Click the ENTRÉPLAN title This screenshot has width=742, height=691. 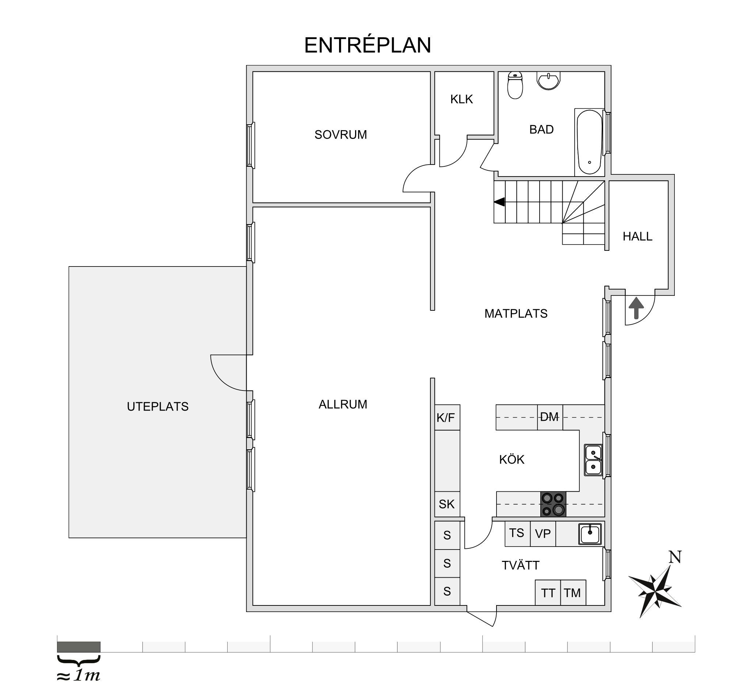click(368, 45)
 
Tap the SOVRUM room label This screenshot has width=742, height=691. click(341, 135)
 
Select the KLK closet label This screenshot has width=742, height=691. click(462, 99)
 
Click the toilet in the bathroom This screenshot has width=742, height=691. click(515, 85)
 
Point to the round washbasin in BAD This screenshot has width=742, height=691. click(549, 80)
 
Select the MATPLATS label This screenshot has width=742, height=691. click(516, 313)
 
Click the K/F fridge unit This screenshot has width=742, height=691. click(447, 417)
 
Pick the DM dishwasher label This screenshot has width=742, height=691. click(549, 417)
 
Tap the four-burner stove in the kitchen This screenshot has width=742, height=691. click(553, 504)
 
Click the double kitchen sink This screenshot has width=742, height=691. click(593, 460)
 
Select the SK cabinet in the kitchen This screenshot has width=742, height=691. click(447, 504)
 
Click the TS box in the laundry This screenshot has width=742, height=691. click(517, 534)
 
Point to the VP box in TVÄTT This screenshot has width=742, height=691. click(543, 534)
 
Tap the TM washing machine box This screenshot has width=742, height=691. click(573, 592)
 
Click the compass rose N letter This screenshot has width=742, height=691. click(675, 557)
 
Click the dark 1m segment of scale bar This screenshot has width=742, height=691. click(79, 646)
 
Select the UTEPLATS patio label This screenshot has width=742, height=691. click(157, 407)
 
